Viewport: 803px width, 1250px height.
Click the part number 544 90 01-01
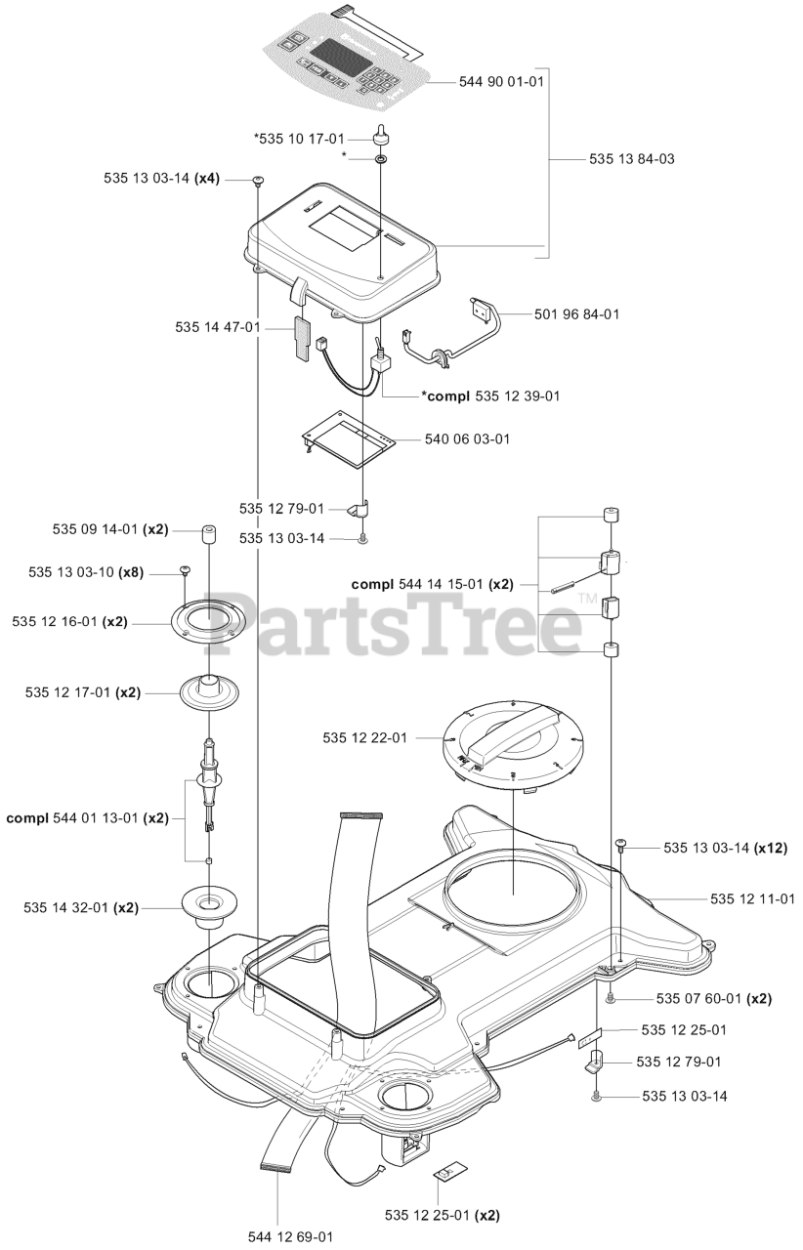(x=501, y=82)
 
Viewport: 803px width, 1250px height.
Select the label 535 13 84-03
(x=632, y=158)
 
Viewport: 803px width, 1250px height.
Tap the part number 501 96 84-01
(x=576, y=314)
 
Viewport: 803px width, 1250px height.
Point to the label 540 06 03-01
(x=467, y=439)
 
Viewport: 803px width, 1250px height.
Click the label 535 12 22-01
(x=364, y=738)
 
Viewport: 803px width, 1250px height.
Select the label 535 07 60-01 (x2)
(x=713, y=999)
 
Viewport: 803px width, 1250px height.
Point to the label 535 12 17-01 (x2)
(x=83, y=692)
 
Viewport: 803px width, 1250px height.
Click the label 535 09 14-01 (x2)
(x=109, y=529)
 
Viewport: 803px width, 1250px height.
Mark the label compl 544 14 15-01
(x=432, y=584)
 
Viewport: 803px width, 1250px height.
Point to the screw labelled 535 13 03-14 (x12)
(x=620, y=842)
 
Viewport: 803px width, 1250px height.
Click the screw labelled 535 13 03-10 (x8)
(x=184, y=569)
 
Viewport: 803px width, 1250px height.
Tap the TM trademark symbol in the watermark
(x=587, y=599)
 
